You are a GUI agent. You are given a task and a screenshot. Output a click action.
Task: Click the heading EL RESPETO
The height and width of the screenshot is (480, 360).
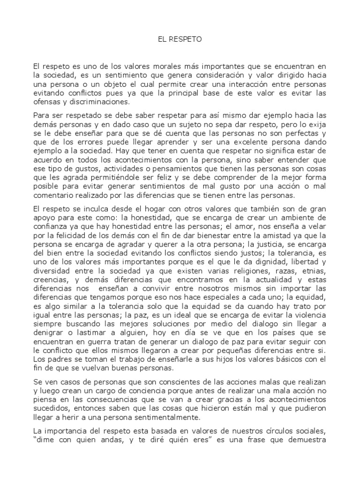coord(180,40)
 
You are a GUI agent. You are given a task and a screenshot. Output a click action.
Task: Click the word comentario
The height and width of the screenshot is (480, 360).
coord(56,195)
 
